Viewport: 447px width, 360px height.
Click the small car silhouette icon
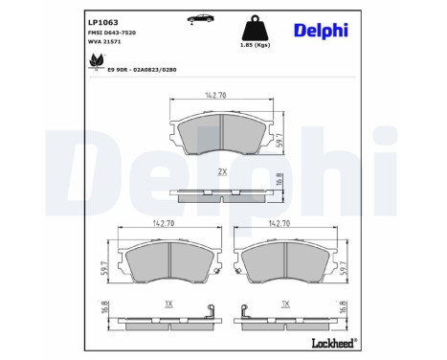point(199,19)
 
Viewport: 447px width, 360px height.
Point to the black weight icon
point(254,25)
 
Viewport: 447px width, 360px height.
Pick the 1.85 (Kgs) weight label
point(254,44)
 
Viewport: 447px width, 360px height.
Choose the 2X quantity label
point(222,171)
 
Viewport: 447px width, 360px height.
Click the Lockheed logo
point(331,343)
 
